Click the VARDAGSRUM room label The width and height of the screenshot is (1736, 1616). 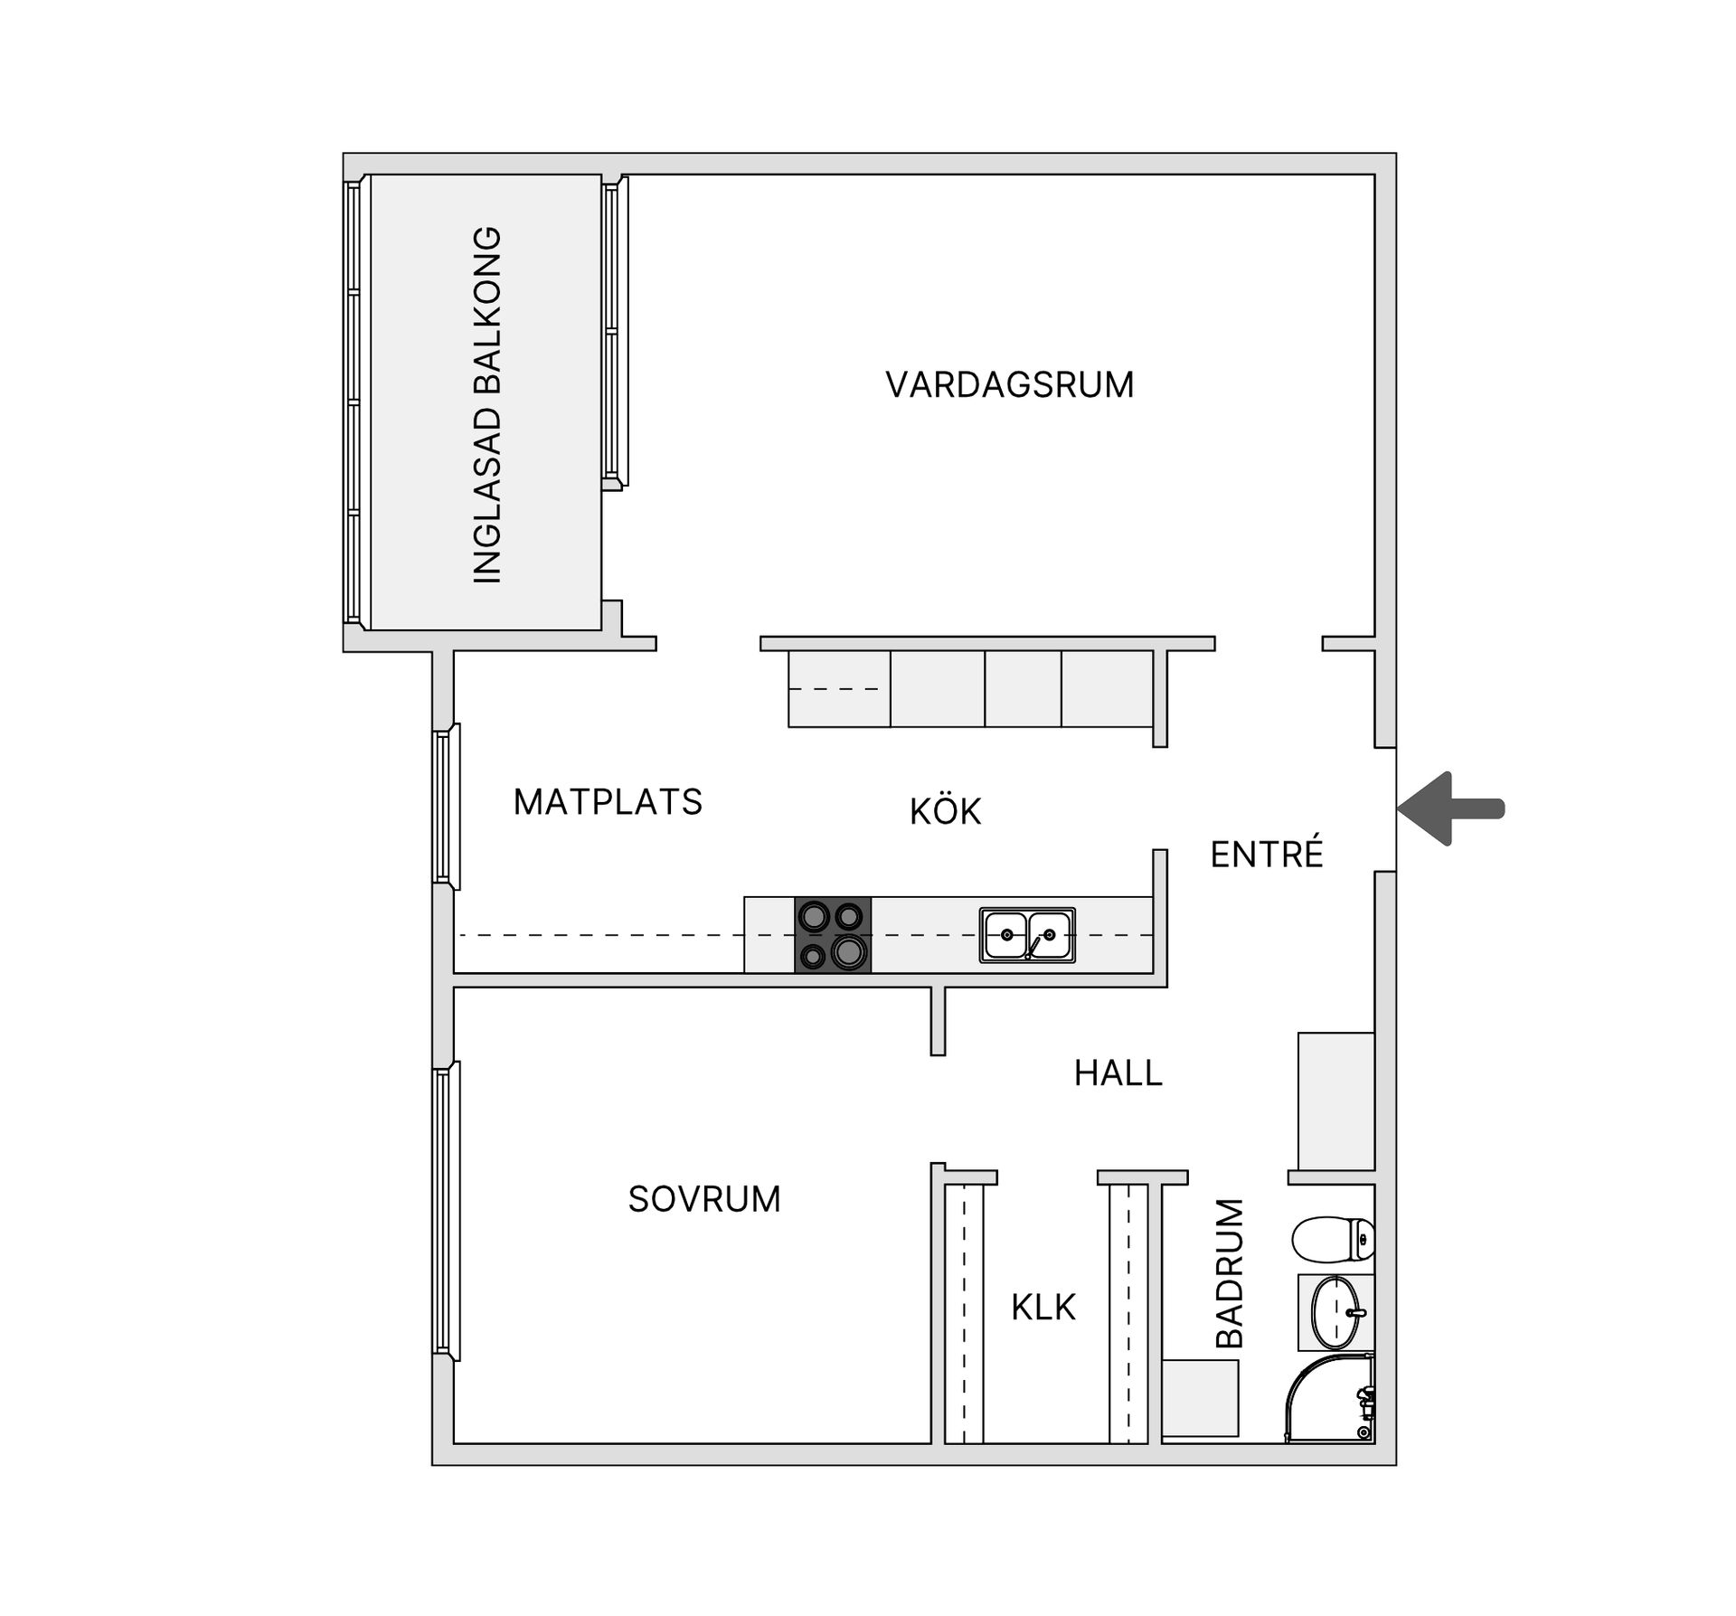coord(1009,385)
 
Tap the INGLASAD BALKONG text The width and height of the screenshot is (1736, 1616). coord(487,404)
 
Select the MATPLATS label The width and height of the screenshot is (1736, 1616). coord(608,802)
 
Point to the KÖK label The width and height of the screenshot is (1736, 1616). coord(945,811)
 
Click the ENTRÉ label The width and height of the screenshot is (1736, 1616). coord(1266,855)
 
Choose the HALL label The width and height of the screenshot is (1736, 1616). coord(1118,1073)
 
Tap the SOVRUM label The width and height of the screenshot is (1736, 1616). coord(704,1199)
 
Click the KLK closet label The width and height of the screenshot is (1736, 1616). coord(1043,1308)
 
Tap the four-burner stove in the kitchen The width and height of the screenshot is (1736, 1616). coord(833,935)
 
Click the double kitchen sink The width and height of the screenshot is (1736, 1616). coord(1027,935)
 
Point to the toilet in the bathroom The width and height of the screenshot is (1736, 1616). coord(1333,1238)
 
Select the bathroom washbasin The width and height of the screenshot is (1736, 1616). coord(1336,1312)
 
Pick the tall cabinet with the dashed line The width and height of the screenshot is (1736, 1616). coord(839,689)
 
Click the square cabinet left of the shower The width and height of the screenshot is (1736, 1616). coord(1200,1397)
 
